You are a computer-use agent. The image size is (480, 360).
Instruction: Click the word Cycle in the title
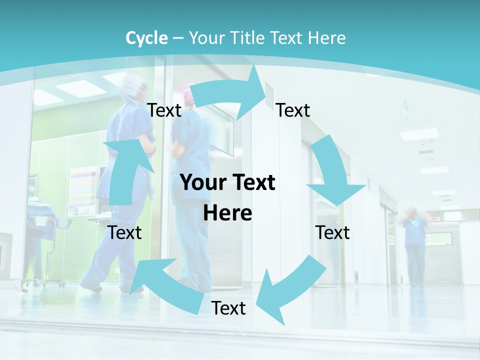[146, 38]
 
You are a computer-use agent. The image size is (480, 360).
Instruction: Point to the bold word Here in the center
[227, 213]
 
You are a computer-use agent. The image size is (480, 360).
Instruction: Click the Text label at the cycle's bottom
[228, 308]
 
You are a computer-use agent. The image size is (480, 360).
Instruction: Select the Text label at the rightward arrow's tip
[293, 110]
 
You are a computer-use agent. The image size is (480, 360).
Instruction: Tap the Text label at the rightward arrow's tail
[164, 110]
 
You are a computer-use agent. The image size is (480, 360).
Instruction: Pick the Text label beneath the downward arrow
[332, 232]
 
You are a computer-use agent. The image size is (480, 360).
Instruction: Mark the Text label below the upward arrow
[124, 232]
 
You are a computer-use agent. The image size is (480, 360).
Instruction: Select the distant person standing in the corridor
[414, 245]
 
